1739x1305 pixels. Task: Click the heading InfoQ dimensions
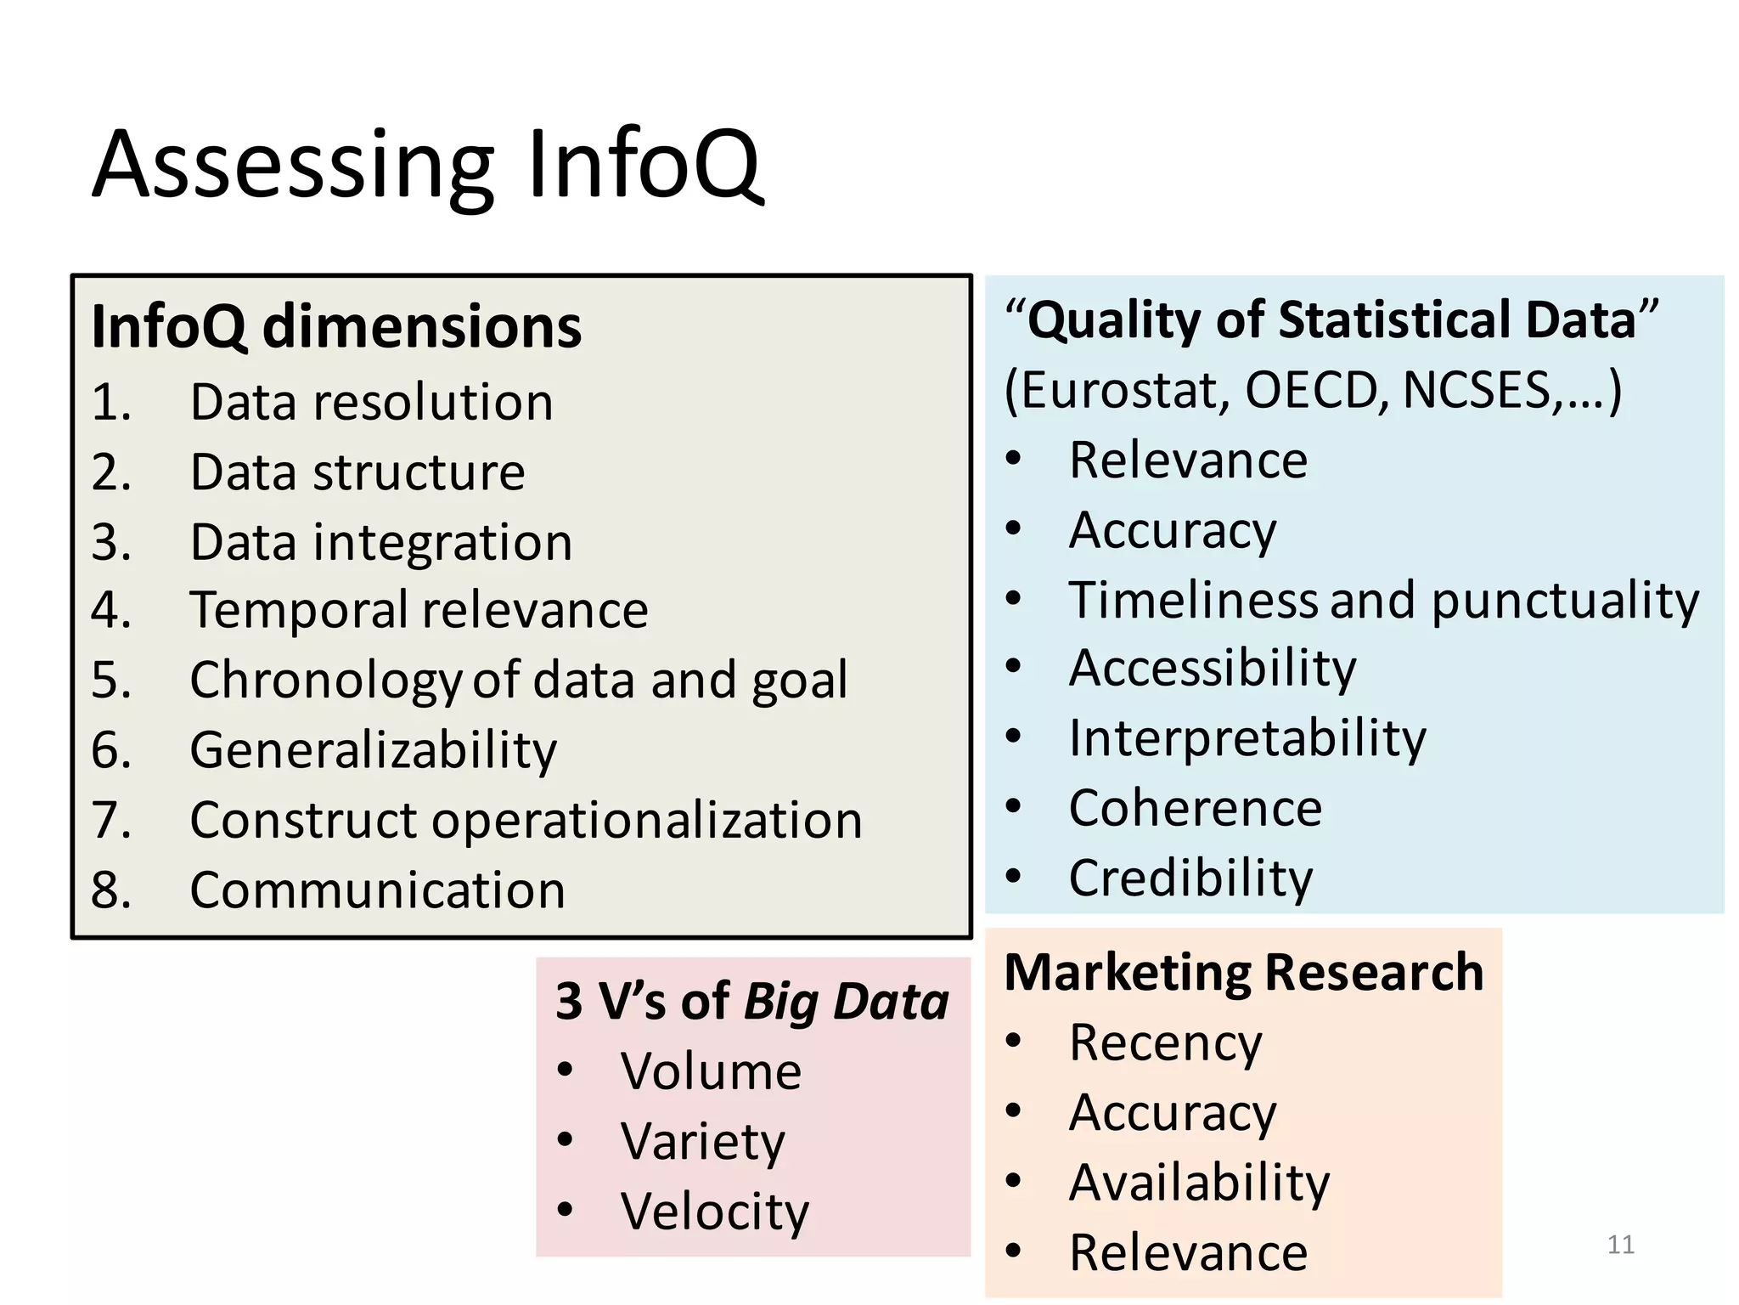336,326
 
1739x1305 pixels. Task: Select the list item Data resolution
371,402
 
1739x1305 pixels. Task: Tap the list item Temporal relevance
419,610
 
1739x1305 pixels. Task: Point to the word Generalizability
373,750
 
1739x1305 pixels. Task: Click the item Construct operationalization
526,820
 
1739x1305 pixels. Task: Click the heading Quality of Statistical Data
1330,320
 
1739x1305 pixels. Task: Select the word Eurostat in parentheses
1123,390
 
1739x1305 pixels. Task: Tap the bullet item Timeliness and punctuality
1383,600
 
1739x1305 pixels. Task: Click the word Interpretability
1247,737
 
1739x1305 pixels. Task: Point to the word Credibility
1190,878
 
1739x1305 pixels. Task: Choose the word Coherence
1195,807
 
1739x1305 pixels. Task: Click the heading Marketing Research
1243,972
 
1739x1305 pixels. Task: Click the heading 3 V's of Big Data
751,1001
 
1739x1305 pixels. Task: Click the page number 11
1620,1245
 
